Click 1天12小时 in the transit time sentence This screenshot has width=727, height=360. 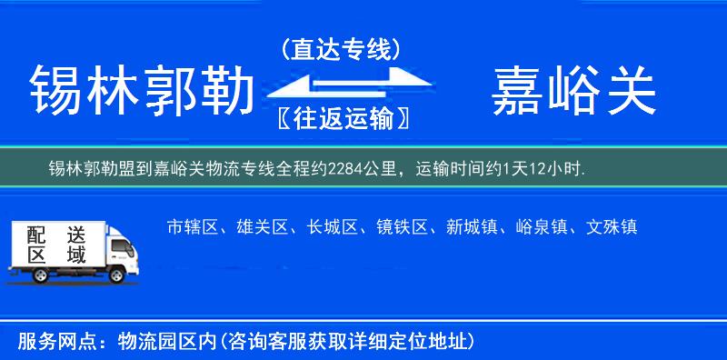coord(550,169)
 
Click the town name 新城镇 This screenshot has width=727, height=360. coord(472,227)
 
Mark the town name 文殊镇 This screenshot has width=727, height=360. coord(612,227)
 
